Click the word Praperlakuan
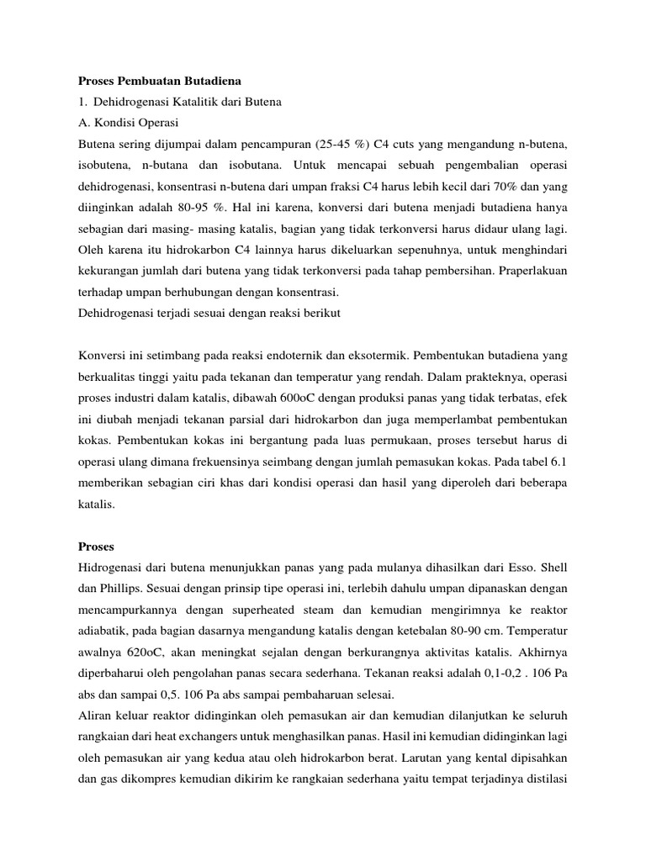point(539,272)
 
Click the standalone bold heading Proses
point(97,523)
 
